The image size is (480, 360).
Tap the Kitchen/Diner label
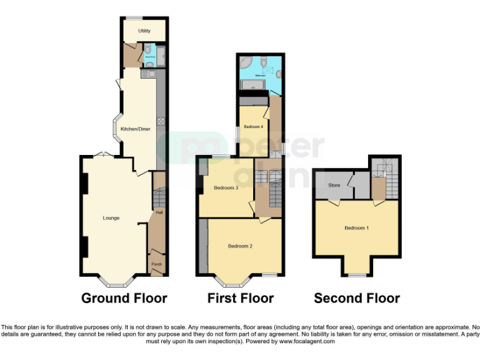[x=135, y=129]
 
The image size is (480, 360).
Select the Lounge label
[x=111, y=217]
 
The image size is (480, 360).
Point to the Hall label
[x=159, y=212]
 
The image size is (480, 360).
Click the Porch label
[x=156, y=264]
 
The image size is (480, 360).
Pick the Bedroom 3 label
[x=226, y=187]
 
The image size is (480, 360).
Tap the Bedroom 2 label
[x=240, y=246]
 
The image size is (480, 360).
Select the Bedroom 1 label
[x=356, y=227]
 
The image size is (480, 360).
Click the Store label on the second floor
[x=334, y=185]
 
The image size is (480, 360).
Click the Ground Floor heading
[x=124, y=298]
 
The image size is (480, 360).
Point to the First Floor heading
[x=241, y=298]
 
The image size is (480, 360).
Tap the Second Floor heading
[x=357, y=298]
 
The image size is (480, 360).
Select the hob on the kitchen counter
[x=161, y=120]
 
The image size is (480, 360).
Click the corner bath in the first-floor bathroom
[x=246, y=63]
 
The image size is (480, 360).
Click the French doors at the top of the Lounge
[x=104, y=154]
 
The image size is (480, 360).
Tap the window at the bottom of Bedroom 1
[x=357, y=275]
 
